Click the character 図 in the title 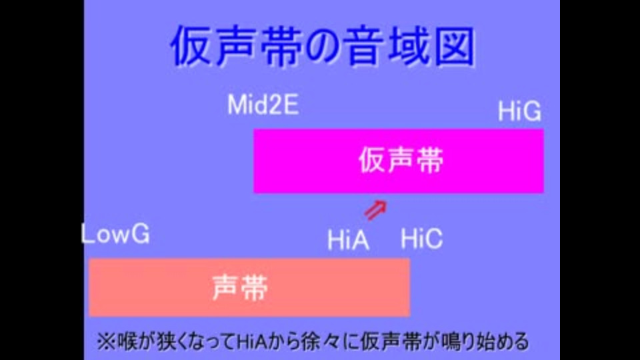click(x=454, y=45)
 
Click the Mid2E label click(x=263, y=105)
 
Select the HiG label click(x=519, y=111)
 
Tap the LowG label click(x=116, y=234)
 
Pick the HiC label click(x=421, y=239)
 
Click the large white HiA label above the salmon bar click(x=349, y=239)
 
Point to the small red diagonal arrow click(x=375, y=210)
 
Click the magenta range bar click(x=399, y=161)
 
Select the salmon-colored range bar click(x=249, y=287)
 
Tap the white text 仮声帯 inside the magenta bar click(x=401, y=160)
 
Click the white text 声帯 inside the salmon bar click(x=240, y=288)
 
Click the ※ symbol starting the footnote click(x=106, y=341)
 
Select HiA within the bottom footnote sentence click(x=251, y=341)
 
